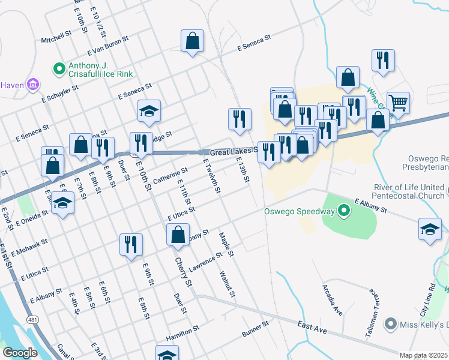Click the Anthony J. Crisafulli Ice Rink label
(99, 70)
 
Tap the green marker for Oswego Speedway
(344, 211)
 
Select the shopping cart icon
(398, 103)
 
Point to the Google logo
(19, 353)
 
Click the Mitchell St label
(56, 39)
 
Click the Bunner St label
(255, 328)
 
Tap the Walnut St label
(228, 283)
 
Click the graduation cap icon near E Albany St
(430, 230)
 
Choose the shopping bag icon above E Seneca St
(192, 41)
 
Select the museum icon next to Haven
(33, 85)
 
